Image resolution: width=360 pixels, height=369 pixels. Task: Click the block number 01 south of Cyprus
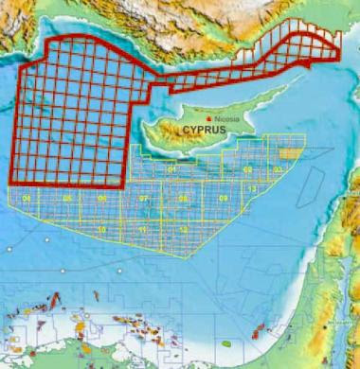click(172, 170)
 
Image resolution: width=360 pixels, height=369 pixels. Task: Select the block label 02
click(247, 169)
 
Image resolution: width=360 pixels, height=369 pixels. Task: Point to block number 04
click(27, 198)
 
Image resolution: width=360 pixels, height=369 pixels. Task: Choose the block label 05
click(66, 198)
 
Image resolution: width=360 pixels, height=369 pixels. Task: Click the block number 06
click(101, 198)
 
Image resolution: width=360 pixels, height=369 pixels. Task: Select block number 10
click(101, 229)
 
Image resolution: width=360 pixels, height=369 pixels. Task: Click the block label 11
click(142, 229)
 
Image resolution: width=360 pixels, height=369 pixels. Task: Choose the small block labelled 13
click(252, 190)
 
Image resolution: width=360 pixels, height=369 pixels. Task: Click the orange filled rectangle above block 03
click(288, 150)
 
